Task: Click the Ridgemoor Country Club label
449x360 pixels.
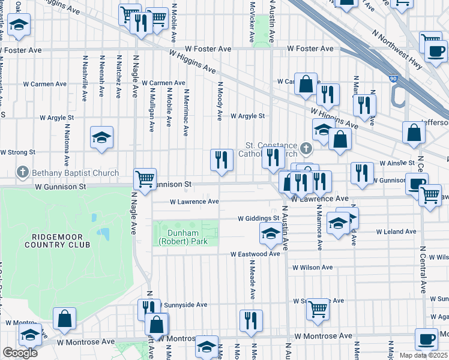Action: point(57,240)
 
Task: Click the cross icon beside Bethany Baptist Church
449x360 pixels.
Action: point(23,173)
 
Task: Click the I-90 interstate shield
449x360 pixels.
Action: point(393,78)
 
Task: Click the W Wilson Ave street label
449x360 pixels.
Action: point(312,268)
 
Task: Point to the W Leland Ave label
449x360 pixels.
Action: point(396,231)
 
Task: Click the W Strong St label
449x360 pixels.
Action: point(18,152)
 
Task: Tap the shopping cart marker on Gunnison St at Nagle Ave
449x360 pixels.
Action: point(145,178)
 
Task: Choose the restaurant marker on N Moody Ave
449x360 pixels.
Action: point(221,160)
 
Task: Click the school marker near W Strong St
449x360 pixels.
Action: point(101,137)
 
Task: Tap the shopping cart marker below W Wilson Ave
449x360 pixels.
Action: point(318,309)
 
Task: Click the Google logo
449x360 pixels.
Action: point(20,352)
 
